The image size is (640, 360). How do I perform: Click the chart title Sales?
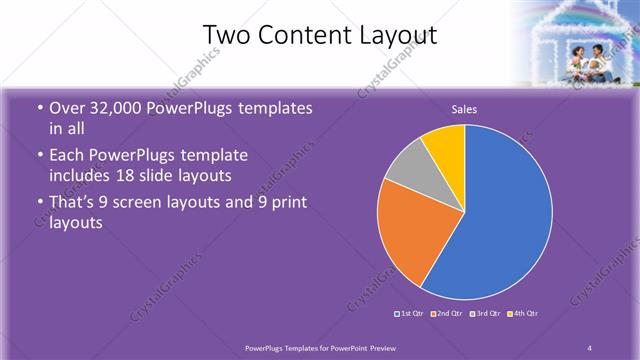click(464, 108)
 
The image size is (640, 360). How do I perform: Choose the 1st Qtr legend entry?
click(411, 314)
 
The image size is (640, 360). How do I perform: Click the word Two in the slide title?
click(227, 36)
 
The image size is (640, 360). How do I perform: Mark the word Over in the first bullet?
click(68, 109)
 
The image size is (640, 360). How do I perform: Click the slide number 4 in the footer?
click(590, 347)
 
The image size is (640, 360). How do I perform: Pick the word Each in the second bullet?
click(68, 156)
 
